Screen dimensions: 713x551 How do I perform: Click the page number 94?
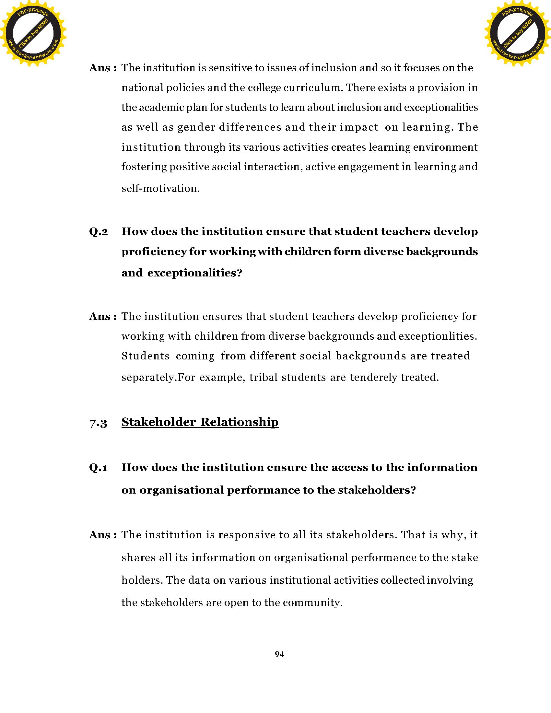279,654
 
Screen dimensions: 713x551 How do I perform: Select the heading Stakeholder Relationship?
200,422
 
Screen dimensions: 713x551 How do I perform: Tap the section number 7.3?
98,423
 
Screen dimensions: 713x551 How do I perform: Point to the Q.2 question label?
98,231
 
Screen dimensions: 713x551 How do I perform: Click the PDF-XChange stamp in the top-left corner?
33,33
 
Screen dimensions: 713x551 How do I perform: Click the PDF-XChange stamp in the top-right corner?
517,33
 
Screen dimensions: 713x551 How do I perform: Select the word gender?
196,127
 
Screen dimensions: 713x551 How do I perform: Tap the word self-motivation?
160,188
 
